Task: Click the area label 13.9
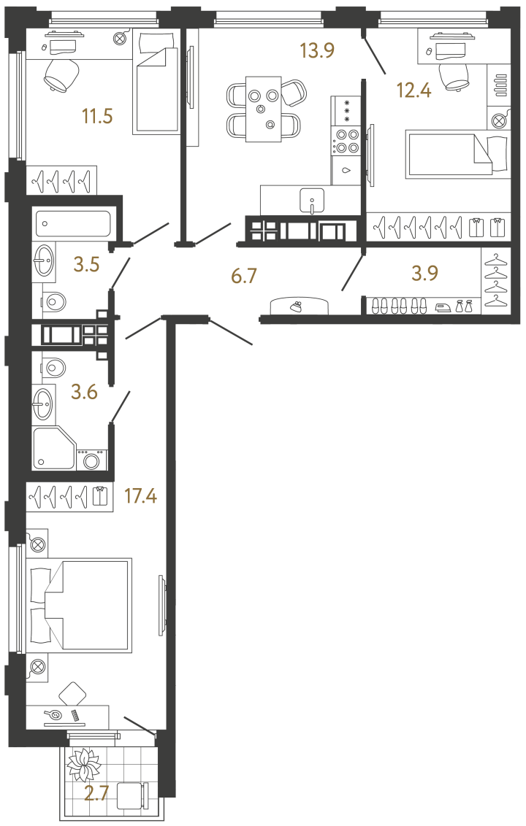[x=318, y=50]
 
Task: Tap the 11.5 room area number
[x=98, y=115]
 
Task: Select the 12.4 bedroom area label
[x=413, y=90]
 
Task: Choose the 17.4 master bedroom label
[x=142, y=497]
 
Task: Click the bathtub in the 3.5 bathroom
[x=73, y=222]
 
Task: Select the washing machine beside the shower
[x=92, y=460]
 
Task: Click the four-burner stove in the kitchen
[x=346, y=141]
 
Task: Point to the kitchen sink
[x=312, y=199]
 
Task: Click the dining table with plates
[x=263, y=109]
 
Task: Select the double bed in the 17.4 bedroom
[x=80, y=606]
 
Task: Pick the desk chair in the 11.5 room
[x=61, y=74]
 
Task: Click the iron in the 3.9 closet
[x=443, y=307]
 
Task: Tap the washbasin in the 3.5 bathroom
[x=43, y=258]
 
